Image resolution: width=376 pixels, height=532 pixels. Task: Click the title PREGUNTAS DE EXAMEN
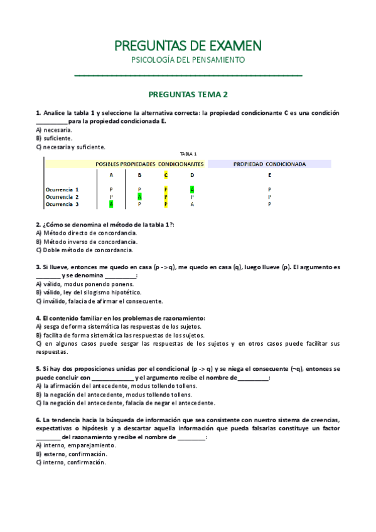coord(188,45)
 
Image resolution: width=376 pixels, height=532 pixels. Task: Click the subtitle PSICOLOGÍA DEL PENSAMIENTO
coord(188,60)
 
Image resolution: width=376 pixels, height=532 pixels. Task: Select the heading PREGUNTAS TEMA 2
coord(188,95)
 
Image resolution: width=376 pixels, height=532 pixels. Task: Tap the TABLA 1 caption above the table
coord(188,153)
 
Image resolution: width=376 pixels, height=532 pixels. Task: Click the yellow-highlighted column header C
coord(166,175)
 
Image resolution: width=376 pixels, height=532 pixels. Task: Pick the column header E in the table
coord(269,175)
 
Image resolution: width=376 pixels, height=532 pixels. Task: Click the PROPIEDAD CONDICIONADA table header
coord(269,164)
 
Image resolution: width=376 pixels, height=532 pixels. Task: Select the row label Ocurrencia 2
coord(62,196)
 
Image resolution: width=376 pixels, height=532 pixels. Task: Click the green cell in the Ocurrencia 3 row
coord(111,204)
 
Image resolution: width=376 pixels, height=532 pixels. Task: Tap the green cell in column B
coord(139,196)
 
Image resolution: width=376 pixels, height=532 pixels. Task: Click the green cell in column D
coord(192,189)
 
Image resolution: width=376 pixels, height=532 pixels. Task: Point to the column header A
coord(111,175)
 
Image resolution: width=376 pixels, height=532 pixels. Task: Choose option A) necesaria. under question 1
coord(53,130)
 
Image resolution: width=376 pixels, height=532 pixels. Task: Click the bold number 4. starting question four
coord(38,318)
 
